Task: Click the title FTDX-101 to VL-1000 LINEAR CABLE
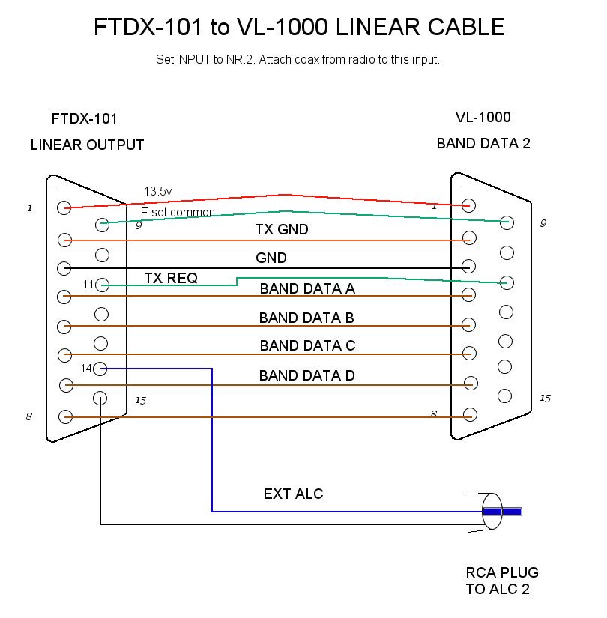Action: click(299, 28)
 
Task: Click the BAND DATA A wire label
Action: click(307, 288)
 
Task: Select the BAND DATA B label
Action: click(306, 318)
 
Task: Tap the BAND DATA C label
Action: click(307, 346)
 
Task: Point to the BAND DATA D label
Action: click(306, 375)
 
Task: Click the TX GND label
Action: click(281, 230)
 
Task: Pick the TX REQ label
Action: click(171, 278)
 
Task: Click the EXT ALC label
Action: click(294, 494)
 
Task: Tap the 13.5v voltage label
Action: click(157, 192)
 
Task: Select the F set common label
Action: click(178, 212)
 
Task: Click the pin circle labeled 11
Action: click(103, 285)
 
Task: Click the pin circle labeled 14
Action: click(101, 369)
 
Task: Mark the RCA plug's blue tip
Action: click(502, 512)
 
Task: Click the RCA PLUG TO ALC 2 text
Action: click(501, 581)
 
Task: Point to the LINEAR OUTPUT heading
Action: click(87, 145)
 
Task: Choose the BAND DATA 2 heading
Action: click(483, 143)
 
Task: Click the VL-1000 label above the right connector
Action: click(483, 117)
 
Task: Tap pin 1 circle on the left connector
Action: click(65, 207)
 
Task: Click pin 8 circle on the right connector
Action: click(470, 414)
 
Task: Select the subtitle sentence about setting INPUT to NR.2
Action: click(298, 60)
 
